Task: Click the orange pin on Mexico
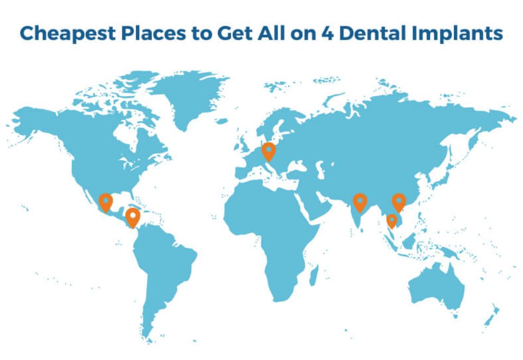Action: pos(106,202)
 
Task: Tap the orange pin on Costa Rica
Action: pos(132,216)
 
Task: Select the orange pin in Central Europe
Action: pos(269,152)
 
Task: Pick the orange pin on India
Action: pos(360,201)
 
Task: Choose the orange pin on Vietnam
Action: pos(399,201)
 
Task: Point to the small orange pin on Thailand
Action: pos(392,219)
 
